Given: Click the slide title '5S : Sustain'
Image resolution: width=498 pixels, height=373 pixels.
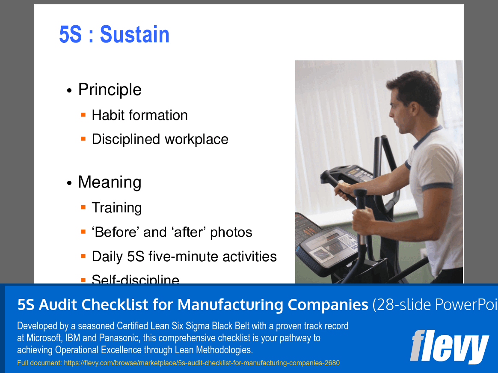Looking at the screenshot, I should (114, 35).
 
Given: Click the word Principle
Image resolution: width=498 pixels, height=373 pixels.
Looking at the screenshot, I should (110, 90).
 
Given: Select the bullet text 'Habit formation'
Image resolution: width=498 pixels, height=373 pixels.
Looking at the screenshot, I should (139, 115).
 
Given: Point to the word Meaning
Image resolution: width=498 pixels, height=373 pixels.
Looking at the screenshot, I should (110, 182).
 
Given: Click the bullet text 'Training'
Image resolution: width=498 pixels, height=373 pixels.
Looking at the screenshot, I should (117, 208).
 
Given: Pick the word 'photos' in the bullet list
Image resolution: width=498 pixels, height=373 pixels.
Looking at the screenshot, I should (231, 232).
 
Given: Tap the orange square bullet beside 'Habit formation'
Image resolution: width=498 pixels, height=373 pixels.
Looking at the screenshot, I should (83, 114).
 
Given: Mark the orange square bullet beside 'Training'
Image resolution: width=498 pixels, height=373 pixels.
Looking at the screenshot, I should (83, 207).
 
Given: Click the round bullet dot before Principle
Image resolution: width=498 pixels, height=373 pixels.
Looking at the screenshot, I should (69, 91).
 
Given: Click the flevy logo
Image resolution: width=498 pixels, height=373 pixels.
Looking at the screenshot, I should (449, 346).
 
